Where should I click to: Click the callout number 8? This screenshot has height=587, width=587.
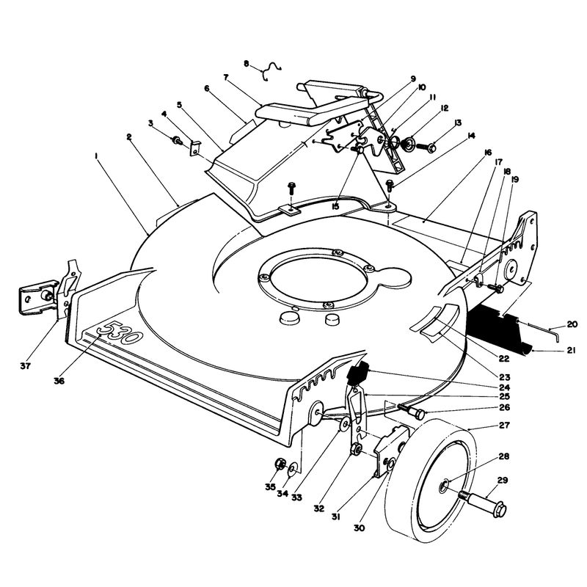(246, 64)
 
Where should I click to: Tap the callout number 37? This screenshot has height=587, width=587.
(26, 365)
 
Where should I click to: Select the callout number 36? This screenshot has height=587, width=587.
(59, 381)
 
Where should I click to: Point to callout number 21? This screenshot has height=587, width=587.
(571, 351)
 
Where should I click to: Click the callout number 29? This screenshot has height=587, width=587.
(503, 481)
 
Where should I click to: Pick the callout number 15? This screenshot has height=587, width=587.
(335, 206)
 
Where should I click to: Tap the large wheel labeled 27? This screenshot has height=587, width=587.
(431, 481)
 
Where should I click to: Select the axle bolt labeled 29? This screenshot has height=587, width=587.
(483, 503)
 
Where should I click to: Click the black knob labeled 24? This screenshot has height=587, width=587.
(357, 374)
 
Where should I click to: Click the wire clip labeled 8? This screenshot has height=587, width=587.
(272, 70)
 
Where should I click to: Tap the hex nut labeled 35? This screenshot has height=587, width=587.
(280, 464)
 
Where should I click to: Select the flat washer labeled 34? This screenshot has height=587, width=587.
(293, 469)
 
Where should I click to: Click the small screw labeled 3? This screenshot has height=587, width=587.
(176, 142)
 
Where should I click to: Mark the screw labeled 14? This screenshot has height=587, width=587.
(390, 185)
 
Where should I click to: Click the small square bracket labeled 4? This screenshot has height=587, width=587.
(195, 148)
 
